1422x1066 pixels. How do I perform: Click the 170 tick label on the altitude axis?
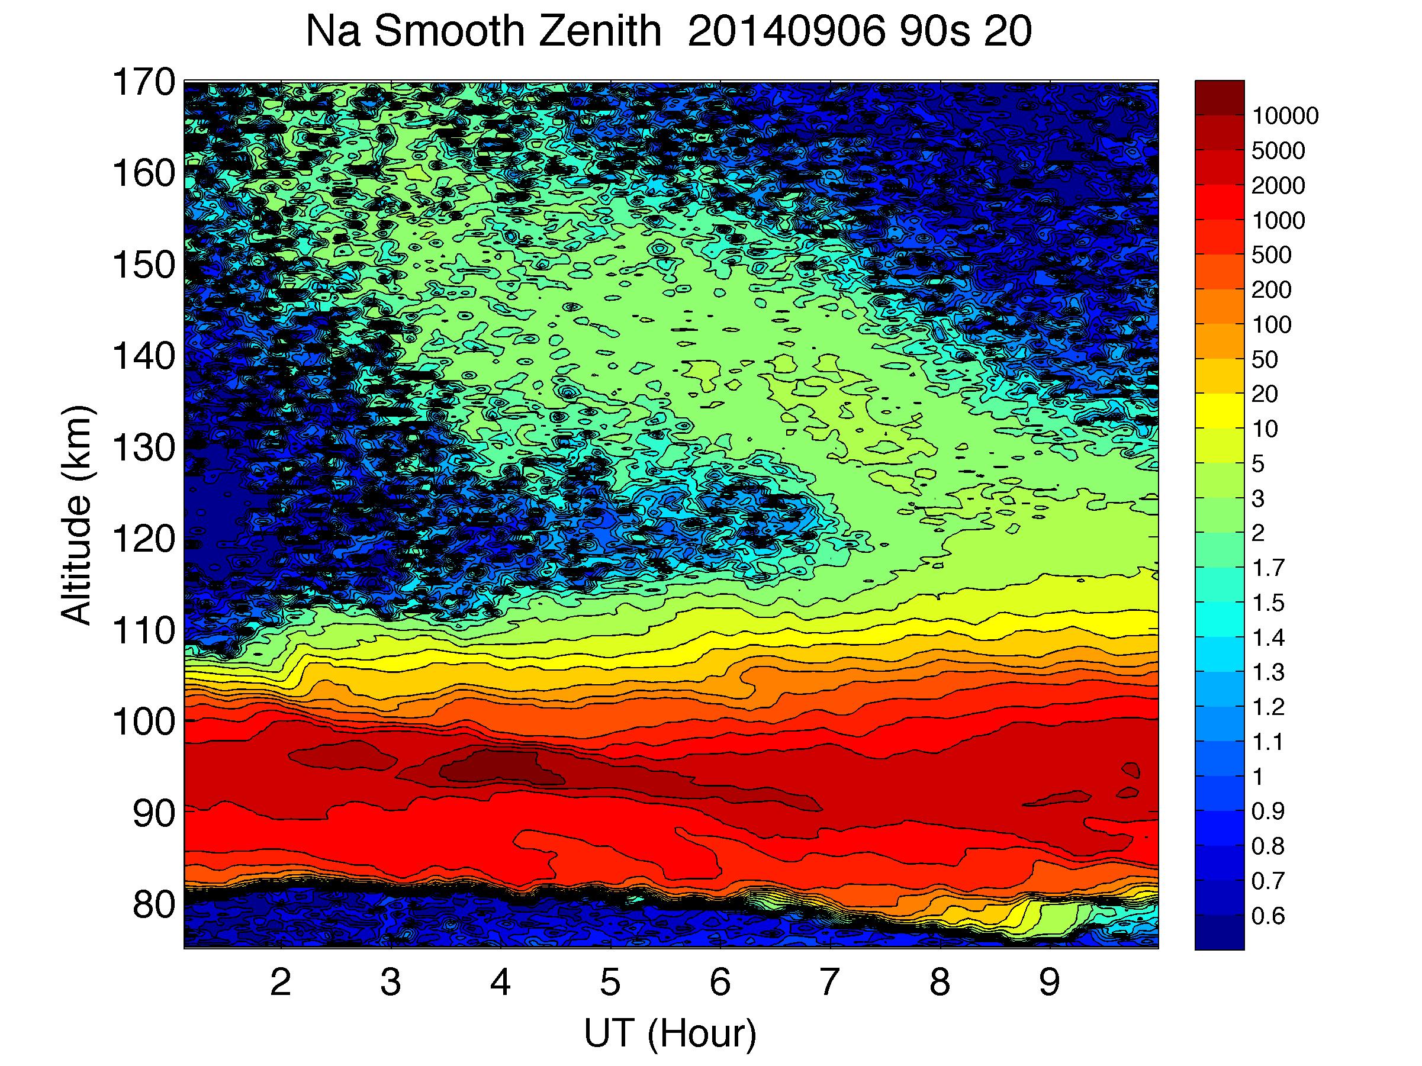coord(143,82)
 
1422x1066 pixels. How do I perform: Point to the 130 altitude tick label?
coord(143,447)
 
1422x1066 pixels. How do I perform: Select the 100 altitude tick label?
coord(143,722)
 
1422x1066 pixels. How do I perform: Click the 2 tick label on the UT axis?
coord(281,982)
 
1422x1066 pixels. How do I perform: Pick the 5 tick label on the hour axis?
coord(610,982)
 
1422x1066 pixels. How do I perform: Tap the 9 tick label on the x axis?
coord(1049,982)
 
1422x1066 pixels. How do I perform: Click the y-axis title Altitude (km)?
coord(77,514)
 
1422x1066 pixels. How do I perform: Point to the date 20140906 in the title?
coord(786,31)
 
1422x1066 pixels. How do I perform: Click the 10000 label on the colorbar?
coord(1285,116)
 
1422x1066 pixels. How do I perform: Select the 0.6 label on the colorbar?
coord(1267,916)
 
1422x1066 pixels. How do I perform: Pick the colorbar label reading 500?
coord(1271,255)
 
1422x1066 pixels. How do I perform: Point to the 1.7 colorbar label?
coord(1267,568)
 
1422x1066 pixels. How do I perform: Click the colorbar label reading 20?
coord(1265,394)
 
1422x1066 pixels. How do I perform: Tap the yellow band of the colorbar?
coord(1219,411)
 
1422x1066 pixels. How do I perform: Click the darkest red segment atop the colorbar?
coord(1219,98)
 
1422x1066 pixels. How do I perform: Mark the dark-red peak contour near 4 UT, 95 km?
coord(495,767)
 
